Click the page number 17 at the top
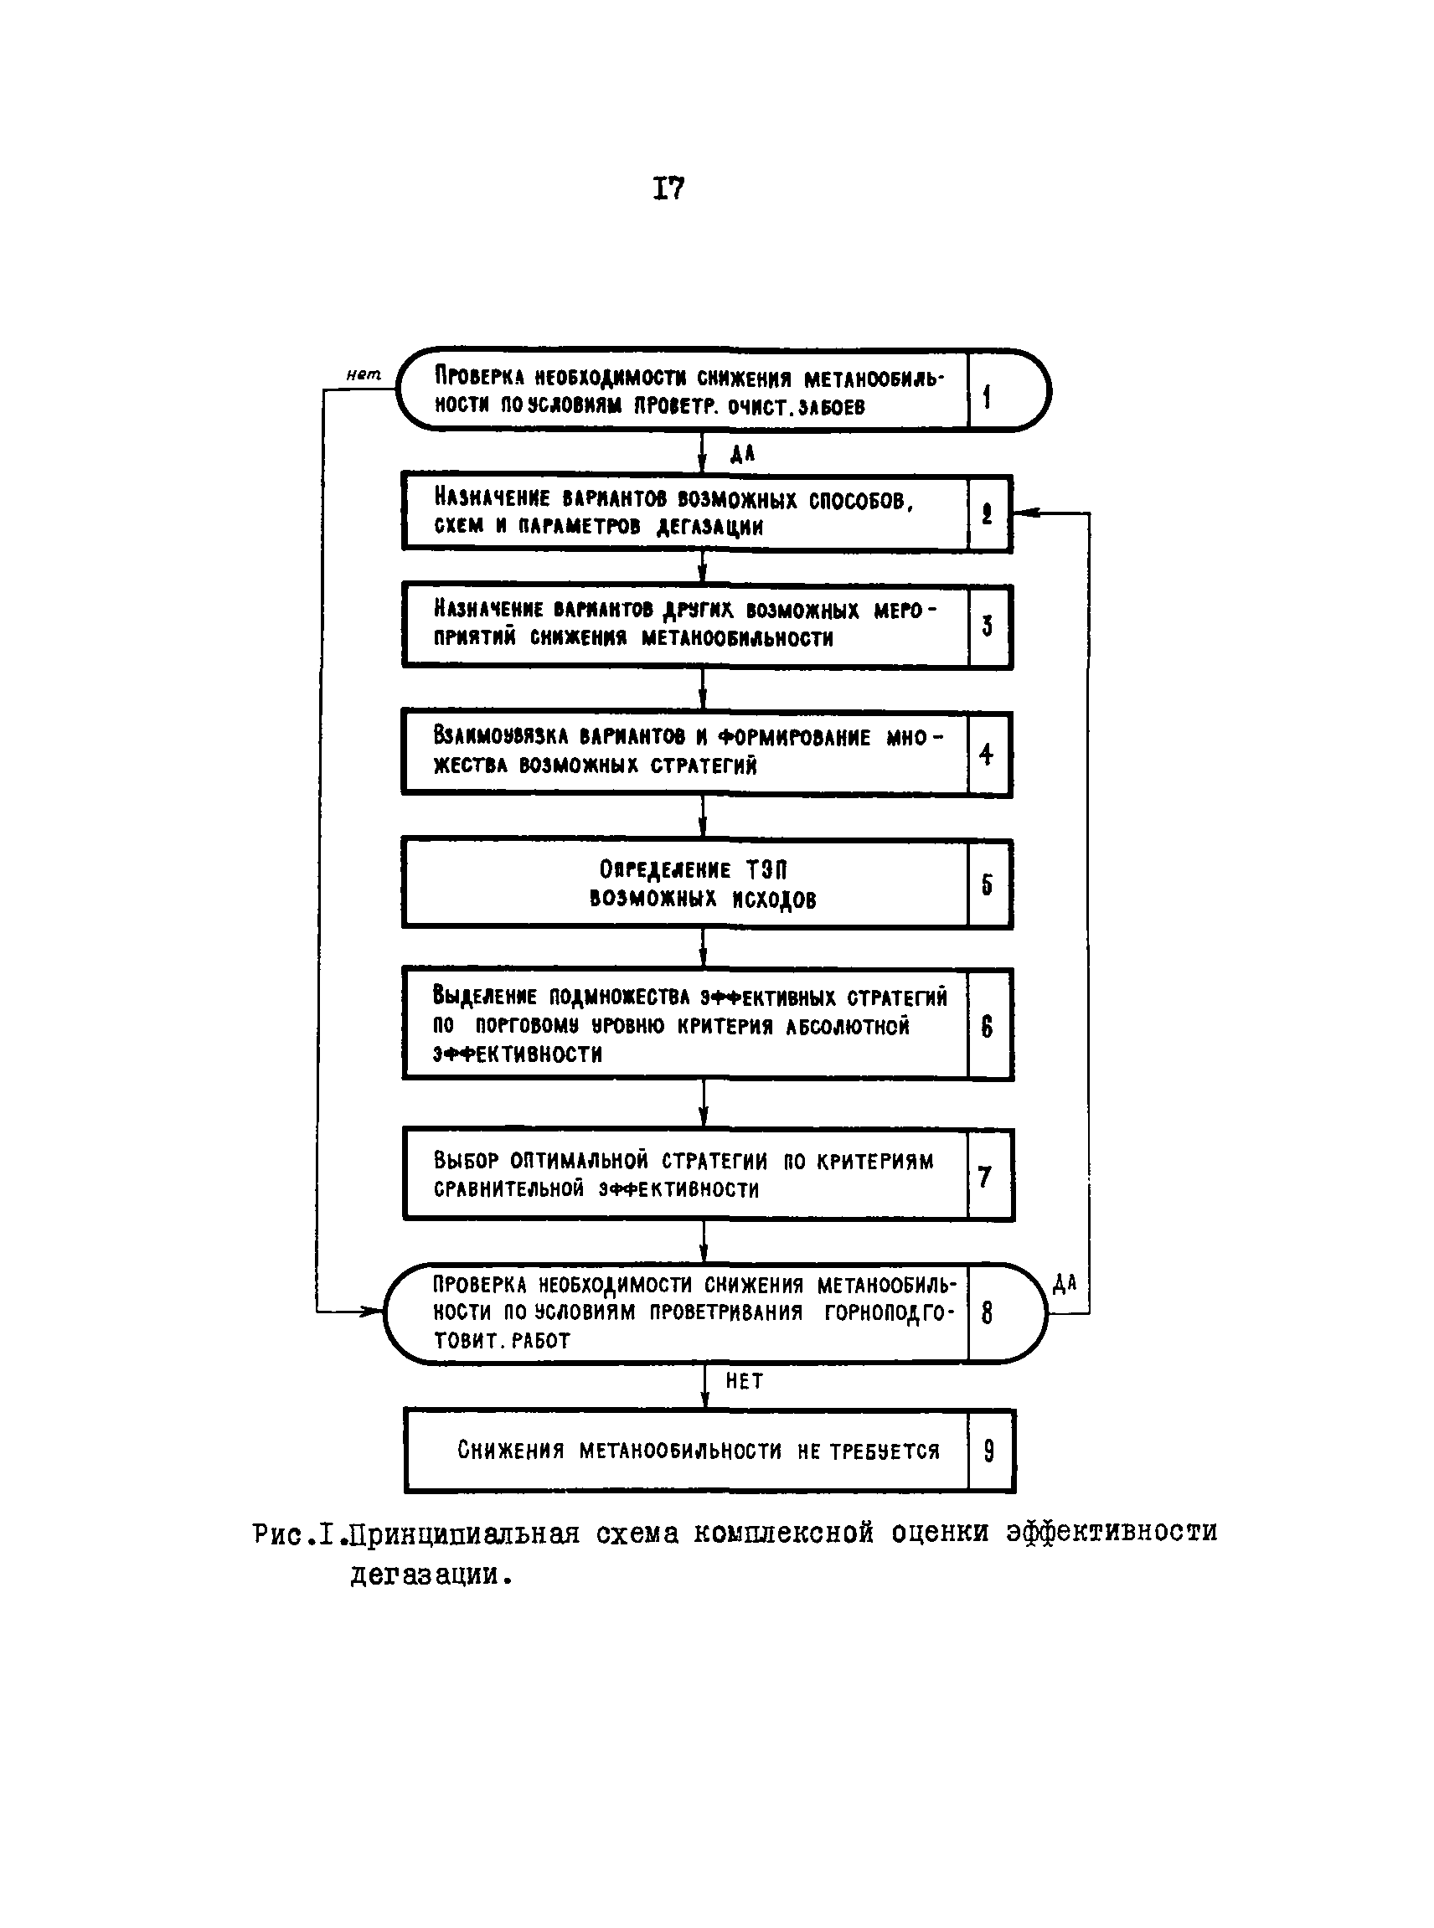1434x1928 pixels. pos(668,188)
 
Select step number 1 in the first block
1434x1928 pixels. pos(987,398)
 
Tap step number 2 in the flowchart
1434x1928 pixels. pos(987,514)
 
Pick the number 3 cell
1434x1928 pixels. pos(987,626)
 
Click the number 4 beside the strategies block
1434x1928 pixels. pos(986,755)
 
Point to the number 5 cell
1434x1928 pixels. pos(987,884)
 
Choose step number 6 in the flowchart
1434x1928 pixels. pos(987,1027)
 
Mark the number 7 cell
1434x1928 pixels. pos(985,1176)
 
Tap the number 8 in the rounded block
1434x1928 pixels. pos(987,1313)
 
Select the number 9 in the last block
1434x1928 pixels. pos(988,1451)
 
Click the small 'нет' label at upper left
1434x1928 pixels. pos(364,374)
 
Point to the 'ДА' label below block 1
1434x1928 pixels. pos(742,453)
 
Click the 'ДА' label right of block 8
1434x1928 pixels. pos(1065,1283)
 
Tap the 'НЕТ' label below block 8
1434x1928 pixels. pos(745,1380)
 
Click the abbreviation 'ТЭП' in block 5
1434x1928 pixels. pos(766,870)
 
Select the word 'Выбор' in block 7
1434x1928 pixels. pos(467,1161)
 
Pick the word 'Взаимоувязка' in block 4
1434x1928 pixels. pos(501,736)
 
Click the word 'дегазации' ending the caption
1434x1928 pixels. pos(426,1574)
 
